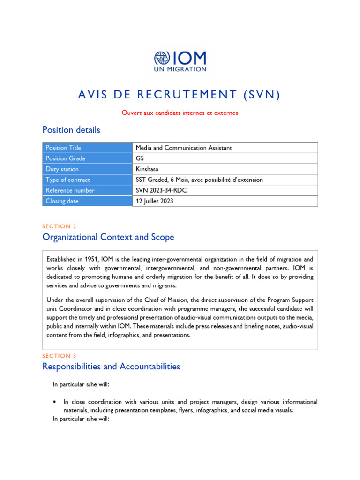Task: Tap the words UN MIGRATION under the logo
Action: coord(180,69)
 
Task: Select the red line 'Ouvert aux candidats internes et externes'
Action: coord(180,112)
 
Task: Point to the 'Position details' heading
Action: coord(71,129)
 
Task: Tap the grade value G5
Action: coord(140,158)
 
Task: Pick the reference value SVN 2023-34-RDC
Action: coord(162,190)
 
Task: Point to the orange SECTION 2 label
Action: coord(60,226)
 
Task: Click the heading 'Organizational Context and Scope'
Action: coord(108,237)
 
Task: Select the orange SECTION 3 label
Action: coord(60,356)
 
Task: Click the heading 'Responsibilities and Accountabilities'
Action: coord(111,367)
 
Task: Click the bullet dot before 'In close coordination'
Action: coord(56,402)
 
